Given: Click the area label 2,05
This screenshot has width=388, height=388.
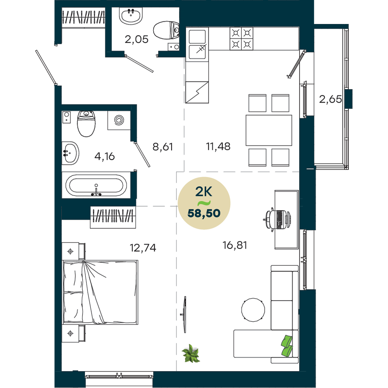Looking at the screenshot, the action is click(x=136, y=39).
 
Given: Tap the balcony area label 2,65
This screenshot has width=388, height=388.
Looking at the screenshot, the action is click(x=330, y=99).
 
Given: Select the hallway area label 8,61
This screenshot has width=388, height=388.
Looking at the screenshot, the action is click(x=163, y=147).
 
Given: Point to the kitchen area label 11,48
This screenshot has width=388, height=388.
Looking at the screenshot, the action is click(x=218, y=147).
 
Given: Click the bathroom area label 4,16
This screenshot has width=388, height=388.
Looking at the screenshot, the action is click(x=104, y=156).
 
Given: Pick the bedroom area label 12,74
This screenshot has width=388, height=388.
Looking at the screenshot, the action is click(x=143, y=248).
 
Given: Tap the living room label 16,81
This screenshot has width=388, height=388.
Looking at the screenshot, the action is click(x=235, y=245).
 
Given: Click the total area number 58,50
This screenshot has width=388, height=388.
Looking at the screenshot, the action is click(x=204, y=213).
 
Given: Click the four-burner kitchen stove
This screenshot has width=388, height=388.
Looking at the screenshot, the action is click(x=241, y=38).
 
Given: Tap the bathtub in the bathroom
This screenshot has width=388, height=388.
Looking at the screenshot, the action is click(x=96, y=185).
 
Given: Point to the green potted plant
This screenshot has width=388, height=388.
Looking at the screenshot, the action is click(x=191, y=353).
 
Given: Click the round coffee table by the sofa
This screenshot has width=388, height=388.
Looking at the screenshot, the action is click(x=253, y=310).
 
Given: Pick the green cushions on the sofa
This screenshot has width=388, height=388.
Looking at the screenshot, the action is click(x=287, y=346).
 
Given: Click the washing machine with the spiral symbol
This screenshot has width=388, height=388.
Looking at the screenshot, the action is click(x=119, y=120).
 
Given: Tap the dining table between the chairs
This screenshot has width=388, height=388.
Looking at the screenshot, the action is click(x=269, y=130).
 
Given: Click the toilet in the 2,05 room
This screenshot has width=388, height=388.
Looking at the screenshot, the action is click(x=166, y=30).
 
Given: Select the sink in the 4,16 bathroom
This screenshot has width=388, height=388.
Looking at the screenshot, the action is click(x=70, y=153).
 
